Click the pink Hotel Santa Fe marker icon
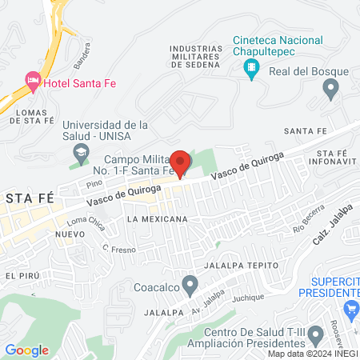click(33, 80)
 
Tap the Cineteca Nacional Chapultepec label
click(278, 46)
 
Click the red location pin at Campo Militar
click(180, 162)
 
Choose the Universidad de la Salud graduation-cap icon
click(81, 152)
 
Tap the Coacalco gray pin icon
click(190, 284)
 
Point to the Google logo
click(26, 350)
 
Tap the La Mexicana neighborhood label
click(157, 218)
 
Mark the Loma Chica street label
click(86, 222)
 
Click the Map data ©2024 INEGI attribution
click(313, 353)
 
